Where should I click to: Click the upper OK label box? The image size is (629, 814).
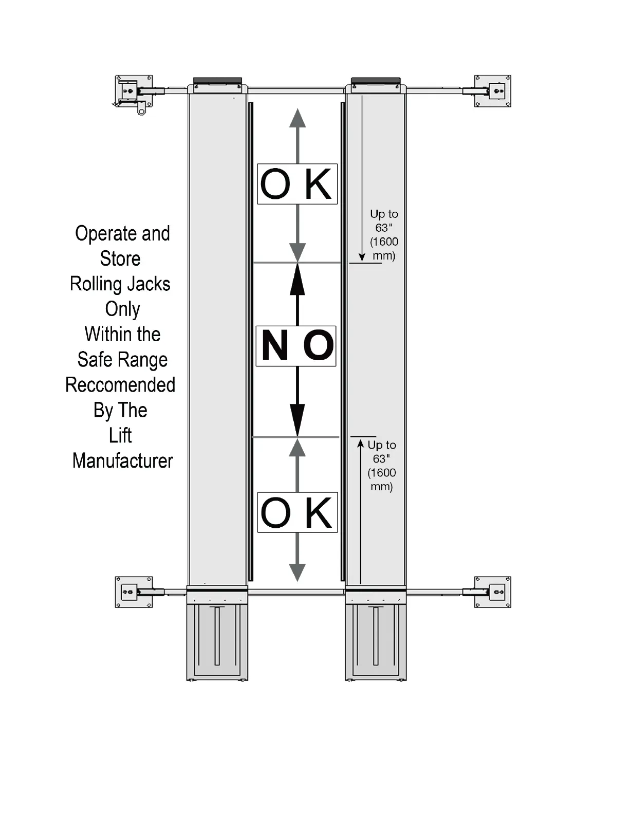pos(297,184)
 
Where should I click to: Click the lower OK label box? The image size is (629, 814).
pos(297,512)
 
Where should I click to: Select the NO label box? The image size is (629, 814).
pos(296,346)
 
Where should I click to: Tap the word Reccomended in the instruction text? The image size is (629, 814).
pos(120,385)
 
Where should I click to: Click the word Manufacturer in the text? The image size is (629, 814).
pos(123,461)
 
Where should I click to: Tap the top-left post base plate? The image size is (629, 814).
pos(134,91)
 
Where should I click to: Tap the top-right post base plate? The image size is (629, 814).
pos(492,91)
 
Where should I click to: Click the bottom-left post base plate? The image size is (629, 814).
pos(134,592)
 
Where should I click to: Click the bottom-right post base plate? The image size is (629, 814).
pos(492,592)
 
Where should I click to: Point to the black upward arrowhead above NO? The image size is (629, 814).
pos(297,280)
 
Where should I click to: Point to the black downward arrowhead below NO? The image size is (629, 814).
pos(297,419)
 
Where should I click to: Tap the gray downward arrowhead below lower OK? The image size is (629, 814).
pos(297,572)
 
